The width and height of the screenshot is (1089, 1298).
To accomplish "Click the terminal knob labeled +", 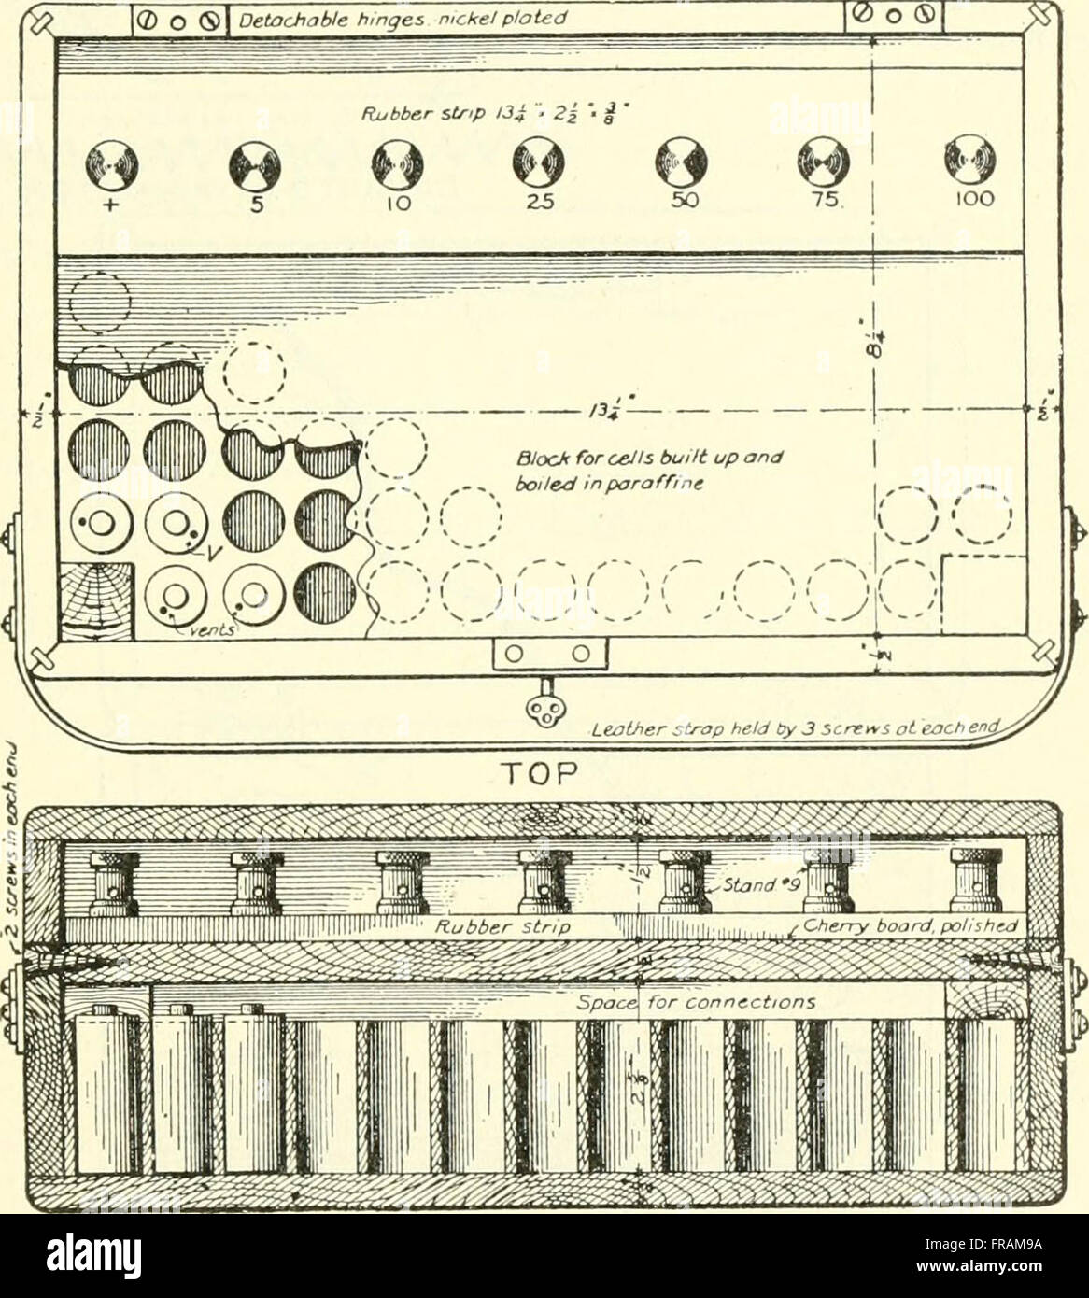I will point(111,167).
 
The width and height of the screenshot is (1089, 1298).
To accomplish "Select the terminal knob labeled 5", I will point(253,167).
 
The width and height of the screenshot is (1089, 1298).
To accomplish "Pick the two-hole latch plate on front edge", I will point(551,654).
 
